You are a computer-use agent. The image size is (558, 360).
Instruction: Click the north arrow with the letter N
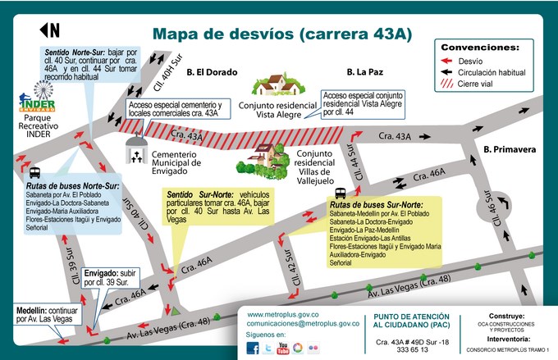tap(49, 30)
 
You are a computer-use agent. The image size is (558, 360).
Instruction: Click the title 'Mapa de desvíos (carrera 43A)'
tap(282, 34)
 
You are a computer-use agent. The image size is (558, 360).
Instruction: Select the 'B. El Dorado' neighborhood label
tap(212, 71)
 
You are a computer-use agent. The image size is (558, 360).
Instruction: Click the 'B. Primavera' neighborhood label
tap(509, 149)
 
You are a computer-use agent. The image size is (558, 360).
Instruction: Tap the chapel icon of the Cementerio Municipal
tap(136, 151)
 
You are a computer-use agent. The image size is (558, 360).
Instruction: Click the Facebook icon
tap(253, 349)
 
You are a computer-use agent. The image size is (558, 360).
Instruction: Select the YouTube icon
tap(283, 349)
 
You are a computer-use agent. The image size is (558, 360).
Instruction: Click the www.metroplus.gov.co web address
tap(282, 314)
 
